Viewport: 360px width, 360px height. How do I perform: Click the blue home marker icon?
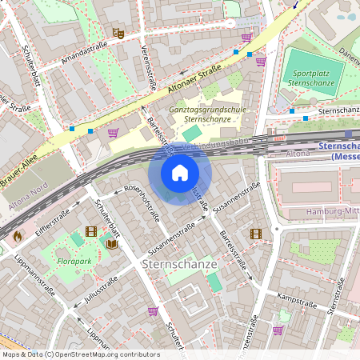pos(179,172)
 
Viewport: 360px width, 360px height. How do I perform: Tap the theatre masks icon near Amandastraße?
pos(118,34)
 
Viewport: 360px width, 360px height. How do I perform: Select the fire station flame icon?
pos(17,236)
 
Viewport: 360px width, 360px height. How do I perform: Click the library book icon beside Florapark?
pos(111,244)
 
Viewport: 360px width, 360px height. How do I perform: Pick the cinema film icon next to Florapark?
pos(90,232)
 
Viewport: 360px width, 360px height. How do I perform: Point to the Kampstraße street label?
pos(293,298)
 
